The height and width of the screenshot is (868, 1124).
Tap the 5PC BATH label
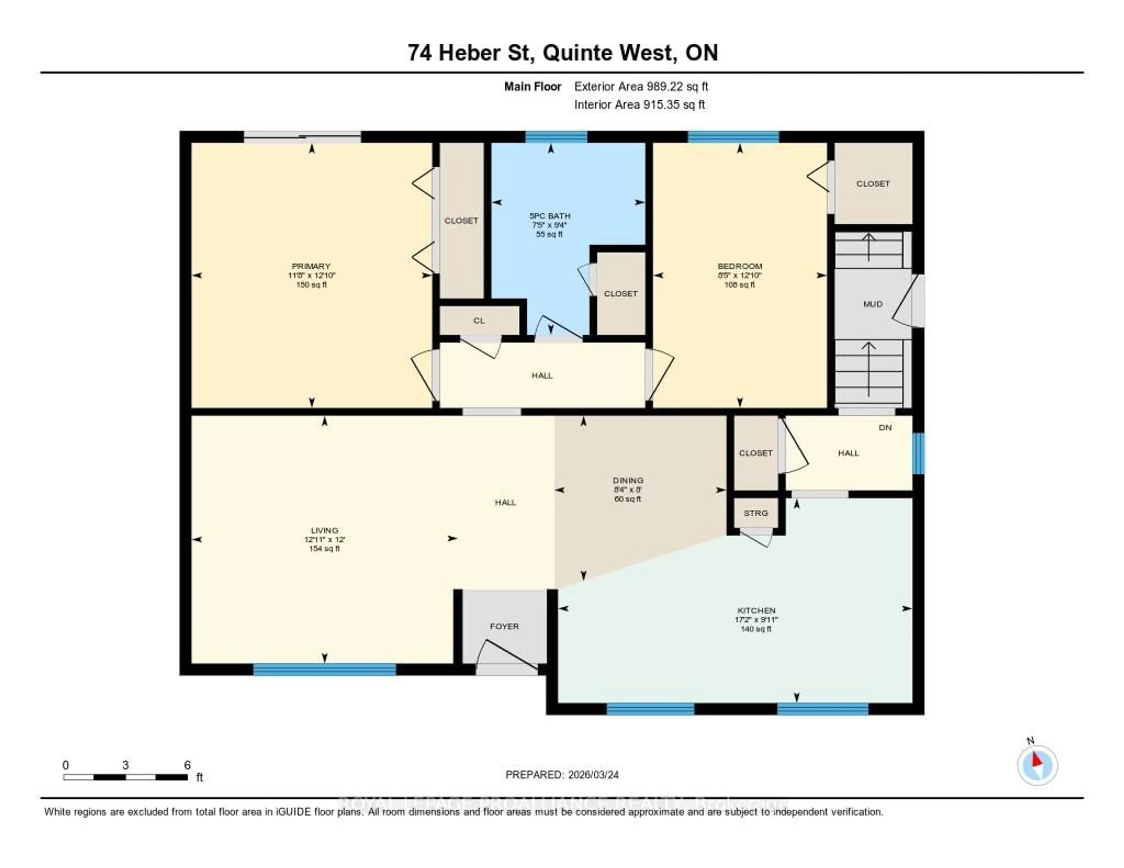pyautogui.click(x=550, y=216)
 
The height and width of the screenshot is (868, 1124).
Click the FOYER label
pyautogui.click(x=504, y=627)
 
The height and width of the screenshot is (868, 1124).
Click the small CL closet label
pyautogui.click(x=479, y=320)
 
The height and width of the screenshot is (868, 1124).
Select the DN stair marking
pyautogui.click(x=885, y=428)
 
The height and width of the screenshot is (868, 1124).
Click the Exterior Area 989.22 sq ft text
pyautogui.click(x=641, y=86)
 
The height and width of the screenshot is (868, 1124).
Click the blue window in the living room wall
pyautogui.click(x=324, y=669)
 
